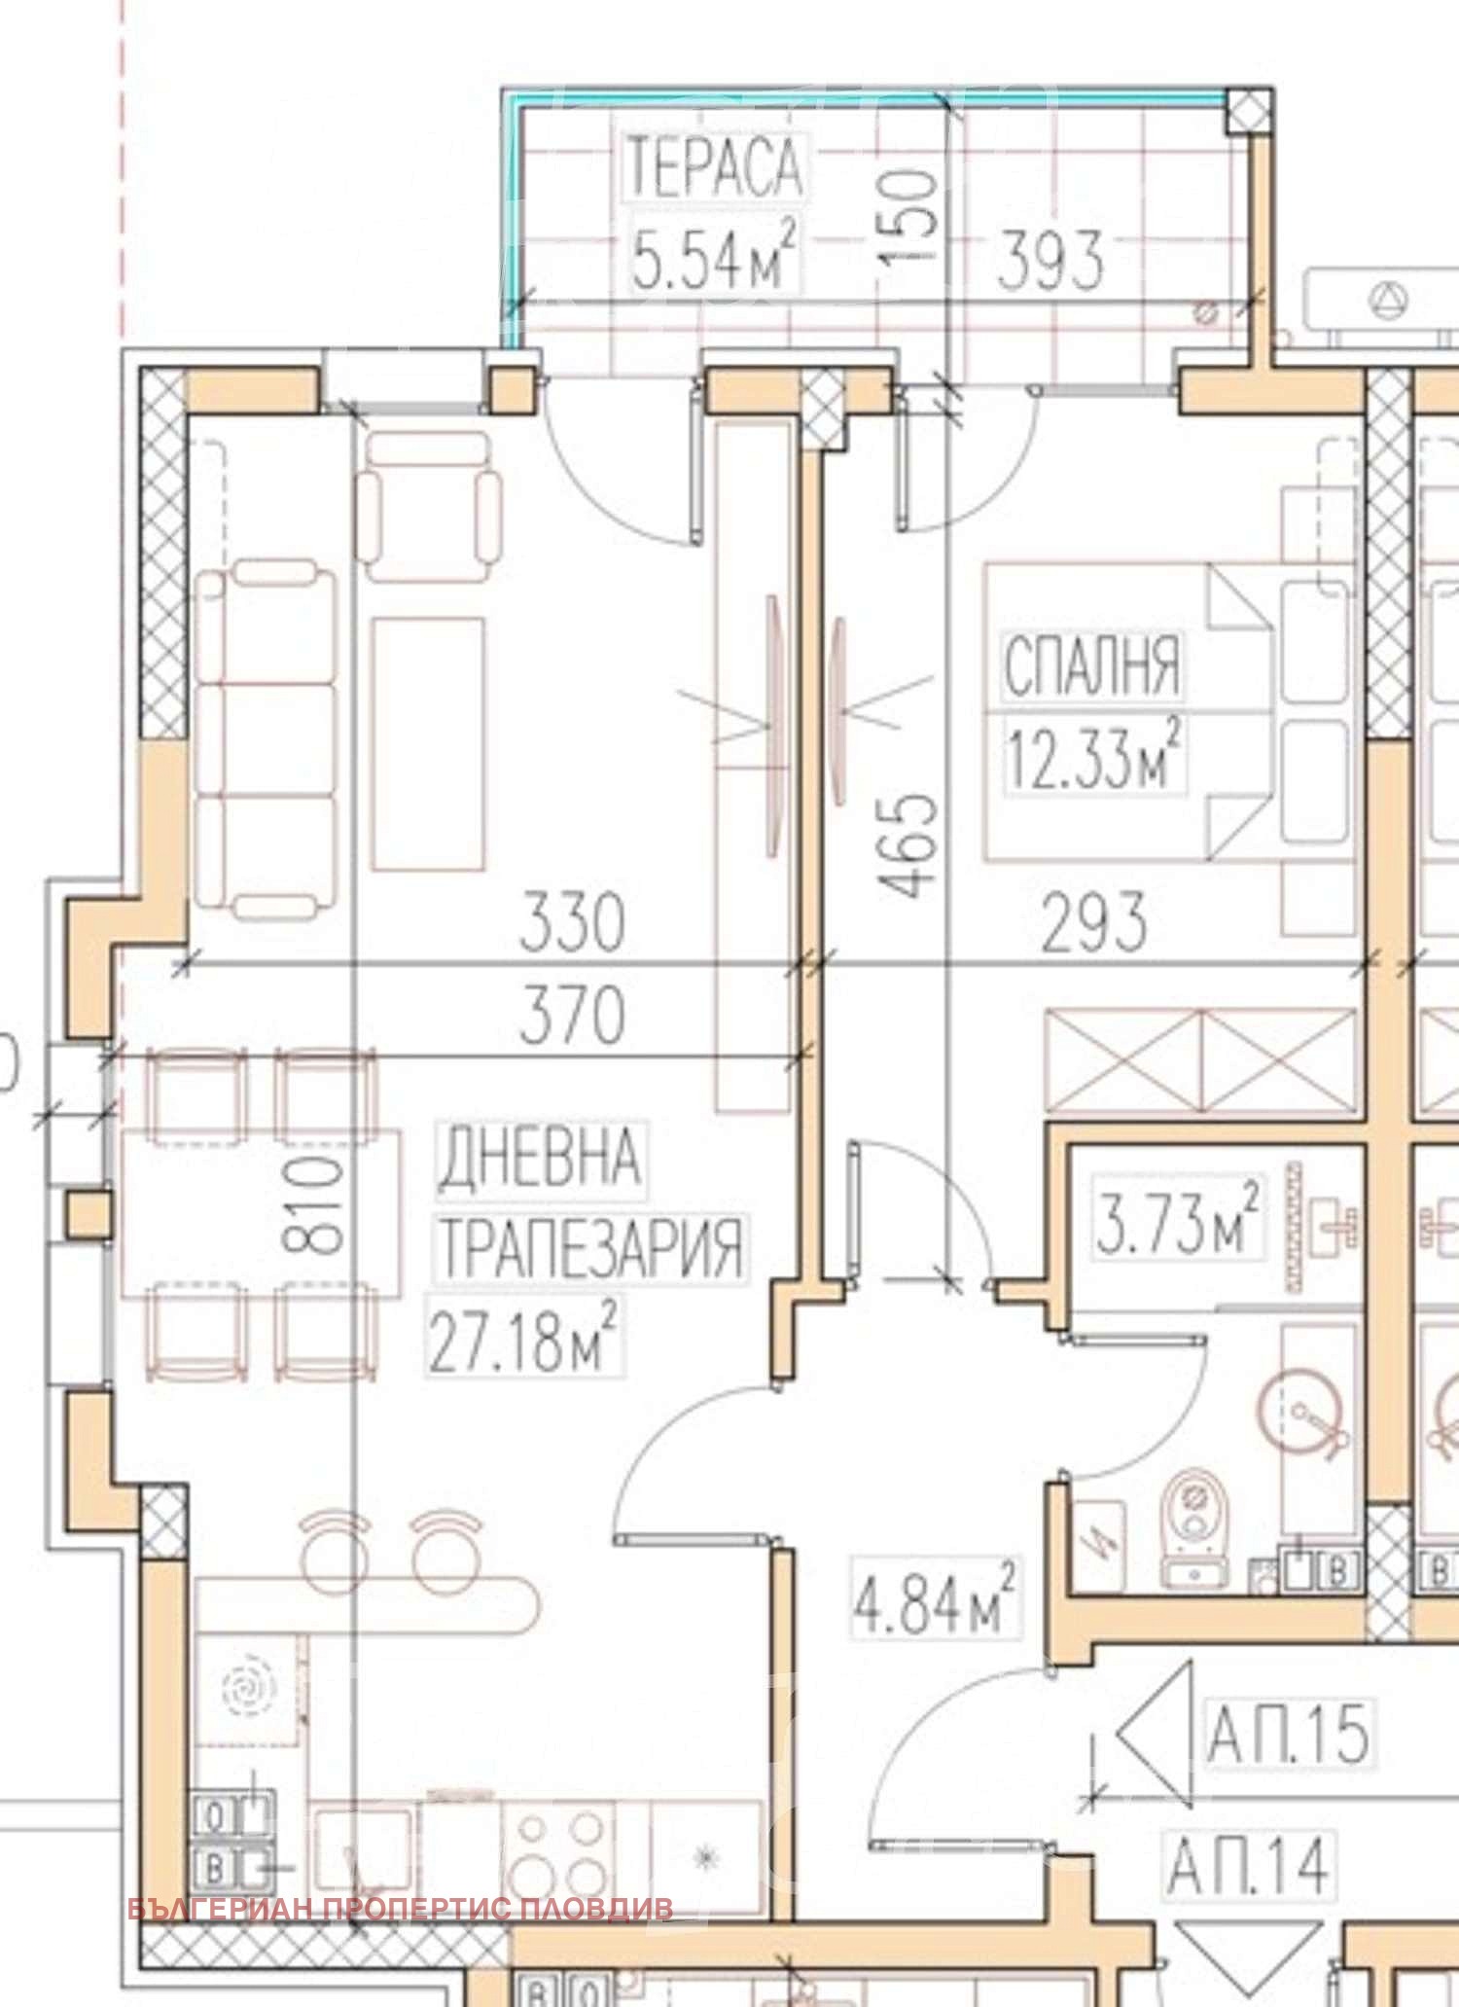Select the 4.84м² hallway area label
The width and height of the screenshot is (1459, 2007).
pyautogui.click(x=936, y=1599)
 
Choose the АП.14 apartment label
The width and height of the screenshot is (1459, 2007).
pyautogui.click(x=1249, y=1865)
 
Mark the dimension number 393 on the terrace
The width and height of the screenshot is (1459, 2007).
pyautogui.click(x=1050, y=260)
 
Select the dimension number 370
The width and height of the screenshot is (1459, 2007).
pyautogui.click(x=572, y=1015)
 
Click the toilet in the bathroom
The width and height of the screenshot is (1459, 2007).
pyautogui.click(x=1195, y=1529)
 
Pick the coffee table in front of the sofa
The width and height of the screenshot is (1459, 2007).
pyautogui.click(x=428, y=743)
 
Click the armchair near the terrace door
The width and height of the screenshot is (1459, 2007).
pyautogui.click(x=428, y=506)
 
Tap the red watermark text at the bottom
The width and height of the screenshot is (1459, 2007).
pyautogui.click(x=401, y=1908)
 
